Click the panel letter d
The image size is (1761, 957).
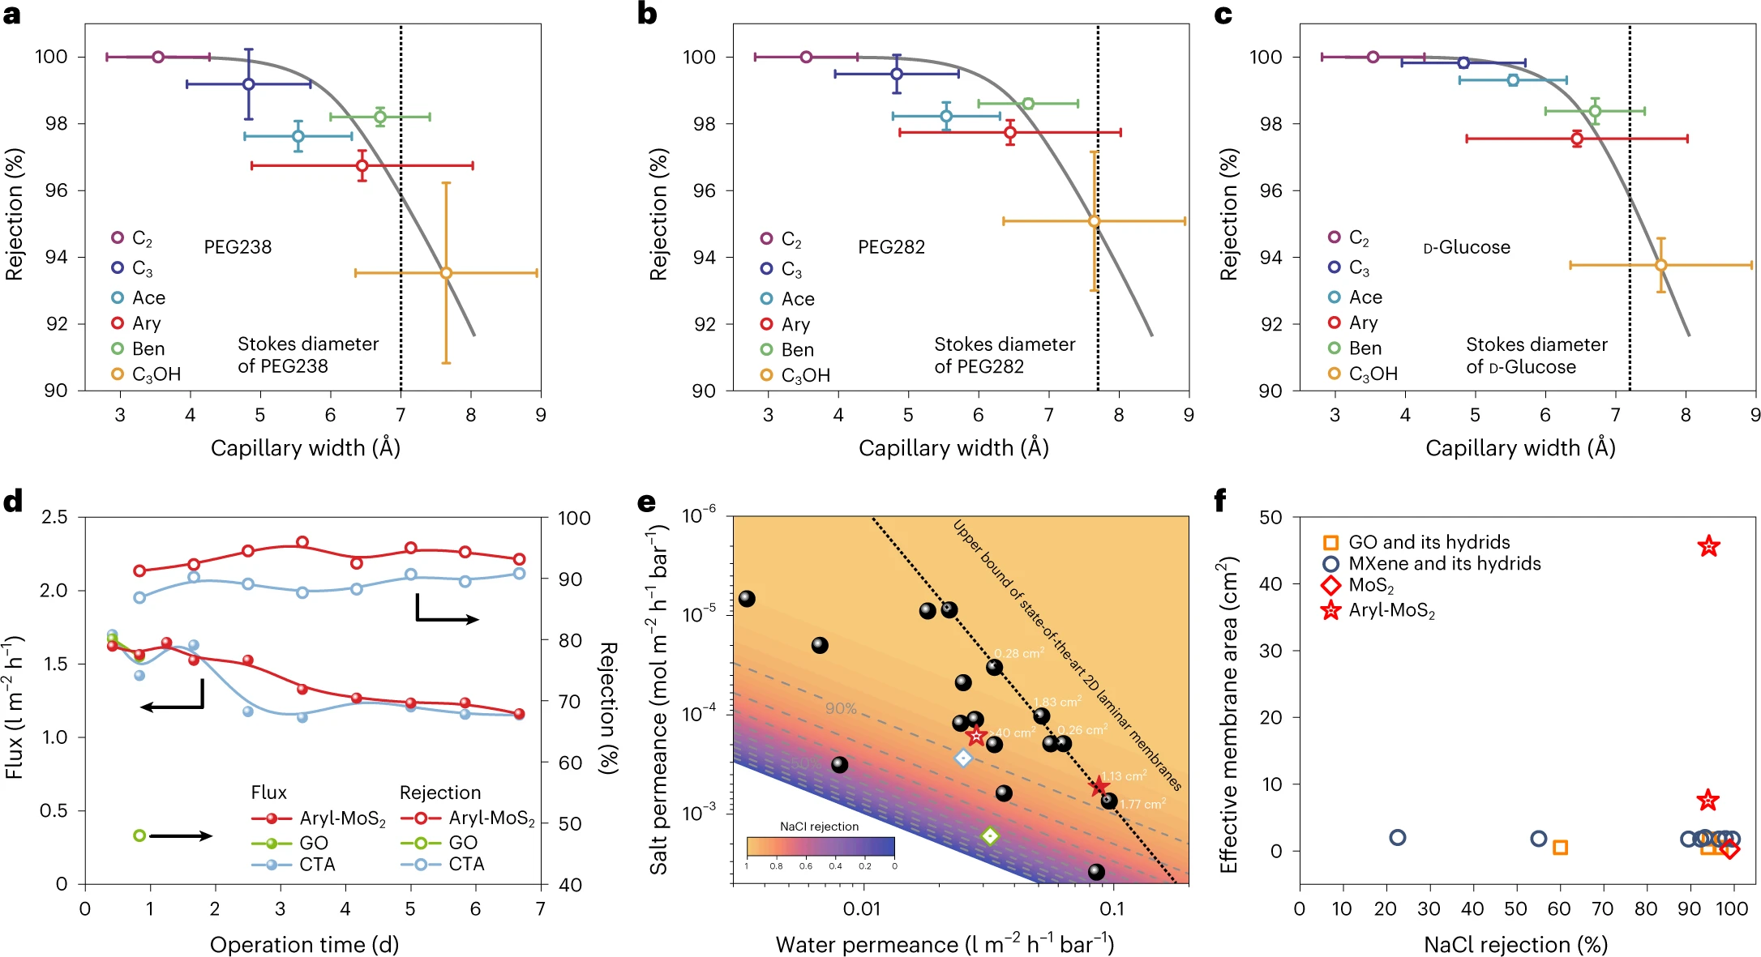13,502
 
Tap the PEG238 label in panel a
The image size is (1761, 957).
238,247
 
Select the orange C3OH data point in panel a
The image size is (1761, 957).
446,273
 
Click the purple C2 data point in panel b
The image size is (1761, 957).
806,57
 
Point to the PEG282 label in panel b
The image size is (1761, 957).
891,247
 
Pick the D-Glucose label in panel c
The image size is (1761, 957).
1467,247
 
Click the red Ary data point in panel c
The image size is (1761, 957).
1577,139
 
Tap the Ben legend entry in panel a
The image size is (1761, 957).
139,349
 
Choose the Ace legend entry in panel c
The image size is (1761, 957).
1356,297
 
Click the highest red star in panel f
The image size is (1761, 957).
1708,547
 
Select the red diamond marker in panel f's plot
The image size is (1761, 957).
1729,849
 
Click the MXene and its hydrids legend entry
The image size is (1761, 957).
1433,563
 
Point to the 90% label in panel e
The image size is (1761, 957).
841,708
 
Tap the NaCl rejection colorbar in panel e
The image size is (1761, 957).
820,847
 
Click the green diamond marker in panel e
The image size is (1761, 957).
990,835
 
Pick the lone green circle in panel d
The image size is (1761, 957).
139,835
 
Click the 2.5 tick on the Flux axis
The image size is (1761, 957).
54,517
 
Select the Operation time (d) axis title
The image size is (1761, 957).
304,944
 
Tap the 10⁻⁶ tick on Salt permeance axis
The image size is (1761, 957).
699,516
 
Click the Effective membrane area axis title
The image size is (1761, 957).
1228,714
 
